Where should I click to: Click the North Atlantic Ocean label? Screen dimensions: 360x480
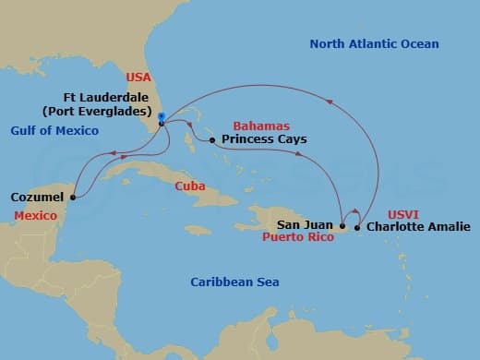tap(374, 44)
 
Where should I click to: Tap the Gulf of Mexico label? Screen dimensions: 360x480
tap(54, 131)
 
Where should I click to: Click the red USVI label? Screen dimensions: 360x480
tap(408, 210)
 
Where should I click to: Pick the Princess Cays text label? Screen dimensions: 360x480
tap(263, 140)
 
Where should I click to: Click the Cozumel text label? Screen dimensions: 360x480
tap(38, 197)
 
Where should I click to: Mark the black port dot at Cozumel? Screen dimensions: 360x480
tap(72, 196)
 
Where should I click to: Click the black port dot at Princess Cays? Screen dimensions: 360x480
tap(212, 140)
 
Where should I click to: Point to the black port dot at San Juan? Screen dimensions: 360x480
tap(342, 225)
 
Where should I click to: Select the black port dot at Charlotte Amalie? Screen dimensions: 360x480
tap(358, 226)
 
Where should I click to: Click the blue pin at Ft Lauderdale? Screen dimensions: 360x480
tap(161, 117)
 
